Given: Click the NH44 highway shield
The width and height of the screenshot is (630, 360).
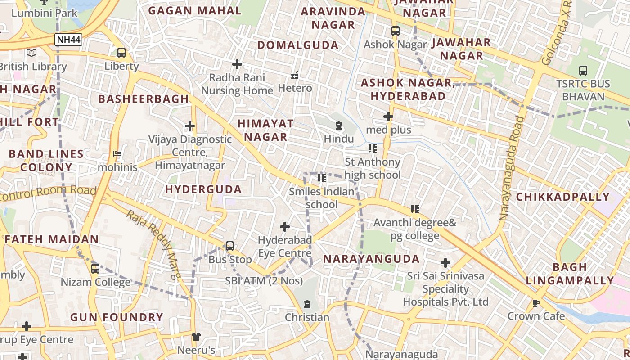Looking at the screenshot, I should pyautogui.click(x=69, y=40).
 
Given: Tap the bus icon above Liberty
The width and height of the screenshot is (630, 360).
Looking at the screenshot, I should pyautogui.click(x=121, y=53).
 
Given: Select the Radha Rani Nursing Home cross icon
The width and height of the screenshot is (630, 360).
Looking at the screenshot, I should pyautogui.click(x=237, y=64).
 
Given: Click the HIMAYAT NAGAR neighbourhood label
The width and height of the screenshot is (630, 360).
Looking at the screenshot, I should pyautogui.click(x=265, y=130).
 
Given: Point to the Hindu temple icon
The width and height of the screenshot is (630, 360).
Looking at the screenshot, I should pyautogui.click(x=339, y=126).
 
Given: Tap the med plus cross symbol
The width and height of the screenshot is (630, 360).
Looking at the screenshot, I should pyautogui.click(x=388, y=117).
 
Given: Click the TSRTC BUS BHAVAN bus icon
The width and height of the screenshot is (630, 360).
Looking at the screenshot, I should pyautogui.click(x=583, y=70).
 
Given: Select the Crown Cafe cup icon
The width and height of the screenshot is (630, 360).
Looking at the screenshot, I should pyautogui.click(x=536, y=303).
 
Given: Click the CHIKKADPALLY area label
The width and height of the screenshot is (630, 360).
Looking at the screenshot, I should pyautogui.click(x=562, y=197).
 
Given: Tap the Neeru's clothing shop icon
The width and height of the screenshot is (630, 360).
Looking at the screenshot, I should pyautogui.click(x=196, y=336).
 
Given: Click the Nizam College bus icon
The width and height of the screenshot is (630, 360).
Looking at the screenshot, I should pyautogui.click(x=95, y=269).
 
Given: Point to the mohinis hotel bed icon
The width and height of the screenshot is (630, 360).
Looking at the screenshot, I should pyautogui.click(x=117, y=154).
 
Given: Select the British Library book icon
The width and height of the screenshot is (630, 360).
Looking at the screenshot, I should pyautogui.click(x=31, y=53).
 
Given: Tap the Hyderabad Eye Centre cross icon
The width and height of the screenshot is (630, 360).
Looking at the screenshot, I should pyautogui.click(x=285, y=226).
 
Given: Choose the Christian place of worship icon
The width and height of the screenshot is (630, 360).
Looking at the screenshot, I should pyautogui.click(x=307, y=304).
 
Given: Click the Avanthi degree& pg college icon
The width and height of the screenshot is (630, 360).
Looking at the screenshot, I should pyautogui.click(x=415, y=209).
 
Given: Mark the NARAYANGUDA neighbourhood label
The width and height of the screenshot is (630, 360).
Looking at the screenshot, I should pyautogui.click(x=372, y=259).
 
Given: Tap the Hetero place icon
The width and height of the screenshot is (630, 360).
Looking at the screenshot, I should pyautogui.click(x=295, y=75).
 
